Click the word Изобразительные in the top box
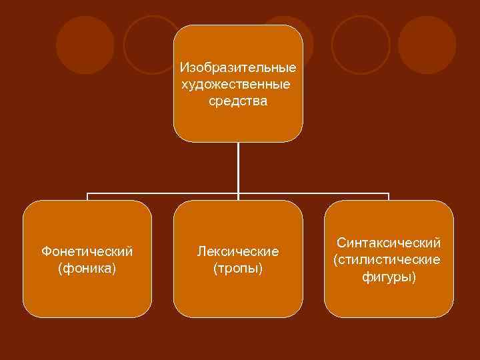pos(238,68)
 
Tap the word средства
pos(238,101)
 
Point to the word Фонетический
pos(87,251)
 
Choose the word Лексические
pos(238,251)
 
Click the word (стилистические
pos(387,259)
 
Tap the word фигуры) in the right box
pos(389,276)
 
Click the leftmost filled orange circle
pos(85,45)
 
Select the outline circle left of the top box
pos(151,45)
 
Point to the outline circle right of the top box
pos(361,45)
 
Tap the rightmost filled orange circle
pos(427,45)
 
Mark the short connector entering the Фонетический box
pos(87,197)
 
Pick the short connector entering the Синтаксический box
pos(389,197)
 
